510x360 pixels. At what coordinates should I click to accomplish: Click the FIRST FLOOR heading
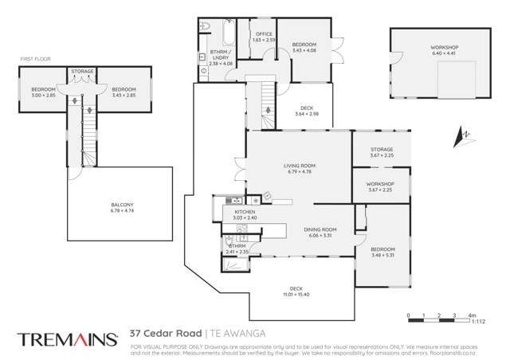(x=35, y=58)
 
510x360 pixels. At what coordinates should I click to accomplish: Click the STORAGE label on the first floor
(x=82, y=72)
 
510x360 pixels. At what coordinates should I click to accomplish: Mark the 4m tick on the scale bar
(x=471, y=315)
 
